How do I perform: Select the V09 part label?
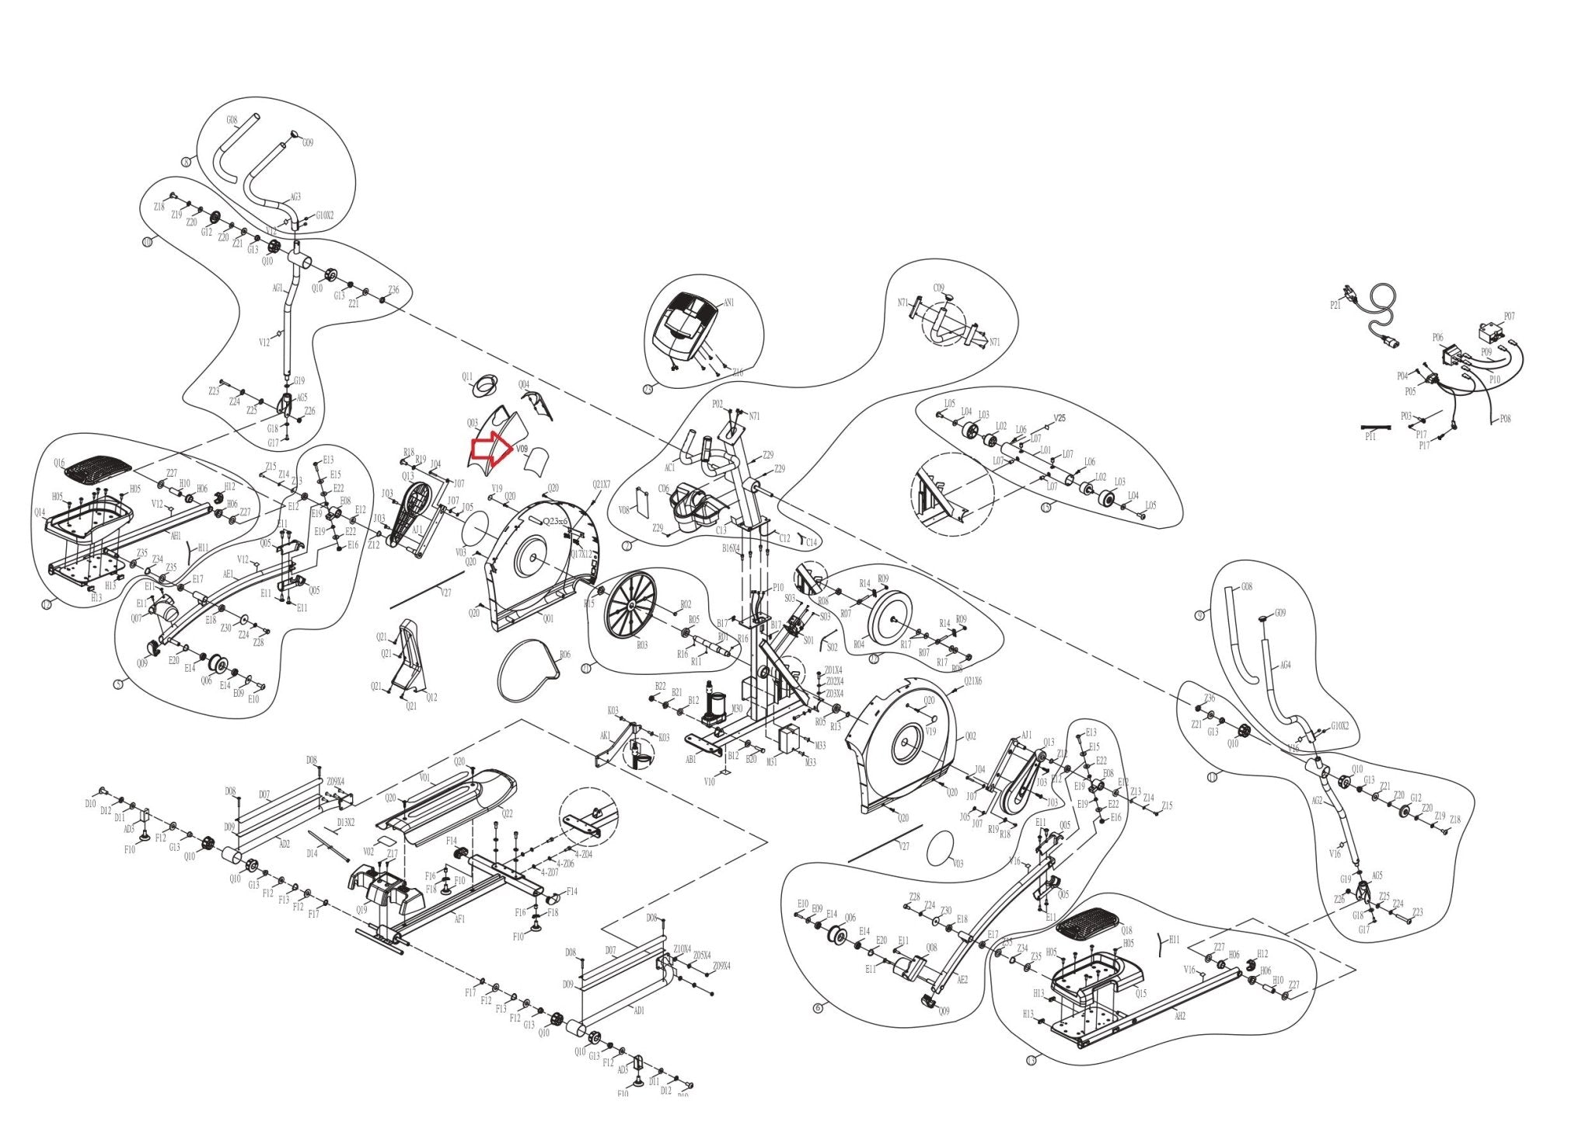(522, 449)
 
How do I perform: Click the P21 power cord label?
(1335, 306)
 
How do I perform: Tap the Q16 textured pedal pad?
(99, 469)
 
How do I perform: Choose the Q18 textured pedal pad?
(1088, 924)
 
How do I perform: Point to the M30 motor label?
(737, 708)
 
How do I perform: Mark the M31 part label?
(772, 762)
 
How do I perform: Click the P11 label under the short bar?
(1370, 437)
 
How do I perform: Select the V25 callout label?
(1060, 418)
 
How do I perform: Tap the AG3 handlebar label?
(295, 197)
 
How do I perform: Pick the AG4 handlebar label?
(1285, 665)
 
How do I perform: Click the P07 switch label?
(1509, 316)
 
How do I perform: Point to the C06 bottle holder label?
(663, 489)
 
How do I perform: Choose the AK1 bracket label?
(605, 736)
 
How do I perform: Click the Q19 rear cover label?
(361, 909)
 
